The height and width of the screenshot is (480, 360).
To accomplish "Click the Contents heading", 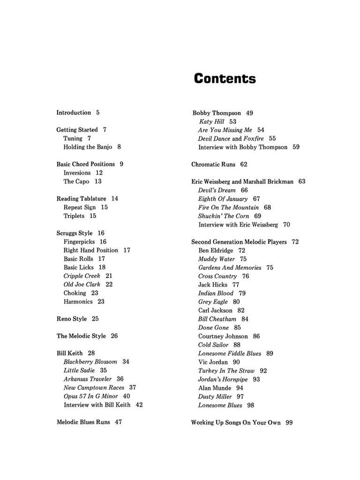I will point(225,78).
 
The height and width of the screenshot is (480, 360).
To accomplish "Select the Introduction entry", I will point(74,112).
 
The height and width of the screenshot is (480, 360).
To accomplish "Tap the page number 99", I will point(289,422).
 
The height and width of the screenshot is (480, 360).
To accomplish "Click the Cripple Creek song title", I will point(82,276).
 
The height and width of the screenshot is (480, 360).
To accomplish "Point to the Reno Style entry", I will point(72,319).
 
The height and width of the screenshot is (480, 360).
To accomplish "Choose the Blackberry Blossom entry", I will point(90,361).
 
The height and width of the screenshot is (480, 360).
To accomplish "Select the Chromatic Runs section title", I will point(213,165).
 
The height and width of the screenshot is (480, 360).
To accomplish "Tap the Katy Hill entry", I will point(211,121).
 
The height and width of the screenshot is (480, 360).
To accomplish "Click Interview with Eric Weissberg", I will point(238,225).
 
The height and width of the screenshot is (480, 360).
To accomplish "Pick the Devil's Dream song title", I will point(217,190).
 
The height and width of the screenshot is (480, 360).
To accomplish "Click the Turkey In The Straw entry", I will point(226,370).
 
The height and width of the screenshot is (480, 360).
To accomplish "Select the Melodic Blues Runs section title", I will point(83,422).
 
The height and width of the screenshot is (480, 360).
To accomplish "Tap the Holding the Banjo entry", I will point(88,147).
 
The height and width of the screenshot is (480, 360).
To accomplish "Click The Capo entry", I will point(76,181).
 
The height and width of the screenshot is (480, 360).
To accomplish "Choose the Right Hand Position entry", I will point(91,250).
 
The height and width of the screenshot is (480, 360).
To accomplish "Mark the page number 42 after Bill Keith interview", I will point(139,405).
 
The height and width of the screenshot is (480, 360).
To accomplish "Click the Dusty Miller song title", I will point(215,397).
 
